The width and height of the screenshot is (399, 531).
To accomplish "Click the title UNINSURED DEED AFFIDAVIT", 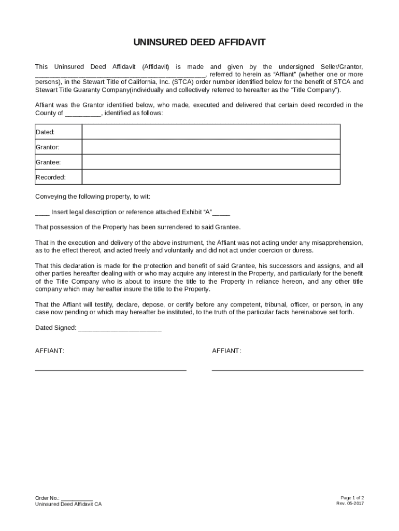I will pyautogui.click(x=199, y=43).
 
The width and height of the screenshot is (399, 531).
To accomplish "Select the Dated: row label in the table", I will pyautogui.click(x=45, y=132).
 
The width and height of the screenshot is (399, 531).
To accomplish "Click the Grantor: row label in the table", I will pyautogui.click(x=47, y=147).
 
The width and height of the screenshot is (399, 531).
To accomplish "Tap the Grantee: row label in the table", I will pyautogui.click(x=48, y=162).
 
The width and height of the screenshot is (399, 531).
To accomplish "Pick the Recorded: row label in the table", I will pyautogui.click(x=50, y=177).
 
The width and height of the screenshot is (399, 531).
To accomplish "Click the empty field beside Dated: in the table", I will pyautogui.click(x=211, y=132).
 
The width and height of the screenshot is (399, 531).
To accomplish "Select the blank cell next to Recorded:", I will pyautogui.click(x=211, y=177).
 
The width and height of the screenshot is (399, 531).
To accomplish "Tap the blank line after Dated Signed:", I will pyautogui.click(x=120, y=328).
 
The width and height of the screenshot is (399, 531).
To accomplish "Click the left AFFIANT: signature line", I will pyautogui.click(x=110, y=370).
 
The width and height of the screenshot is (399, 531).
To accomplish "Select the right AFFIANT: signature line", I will pyautogui.click(x=288, y=370).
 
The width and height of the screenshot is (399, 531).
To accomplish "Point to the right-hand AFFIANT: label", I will pyautogui.click(x=226, y=351).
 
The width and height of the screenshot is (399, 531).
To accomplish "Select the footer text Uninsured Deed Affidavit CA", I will pyautogui.click(x=68, y=504).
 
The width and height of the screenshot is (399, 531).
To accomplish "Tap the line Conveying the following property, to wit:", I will pyautogui.click(x=92, y=197).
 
